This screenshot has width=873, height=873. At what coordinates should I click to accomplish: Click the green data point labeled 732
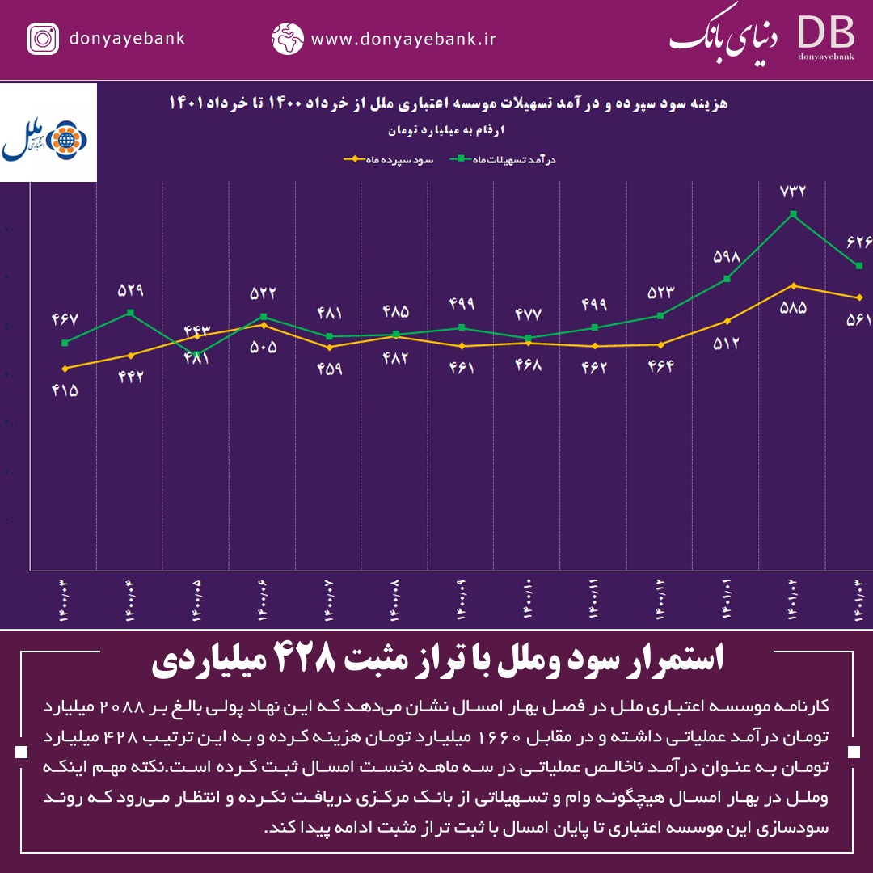coord(794,214)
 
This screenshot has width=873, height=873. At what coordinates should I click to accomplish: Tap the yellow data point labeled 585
coord(794,285)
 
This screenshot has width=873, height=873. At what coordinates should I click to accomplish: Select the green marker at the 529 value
coord(131,313)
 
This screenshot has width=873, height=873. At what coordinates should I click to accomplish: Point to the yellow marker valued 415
coord(65,369)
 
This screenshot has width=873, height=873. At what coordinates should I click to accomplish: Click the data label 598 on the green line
coord(727,257)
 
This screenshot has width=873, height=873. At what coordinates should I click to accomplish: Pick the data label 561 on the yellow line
coord(858,321)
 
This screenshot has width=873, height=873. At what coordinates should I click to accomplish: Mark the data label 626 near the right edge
coord(858,242)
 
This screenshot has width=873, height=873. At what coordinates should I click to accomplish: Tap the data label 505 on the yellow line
coord(264,348)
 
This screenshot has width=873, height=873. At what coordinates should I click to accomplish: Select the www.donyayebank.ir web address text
coord(403,39)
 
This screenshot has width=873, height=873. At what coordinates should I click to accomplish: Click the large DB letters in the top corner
coord(825,32)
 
